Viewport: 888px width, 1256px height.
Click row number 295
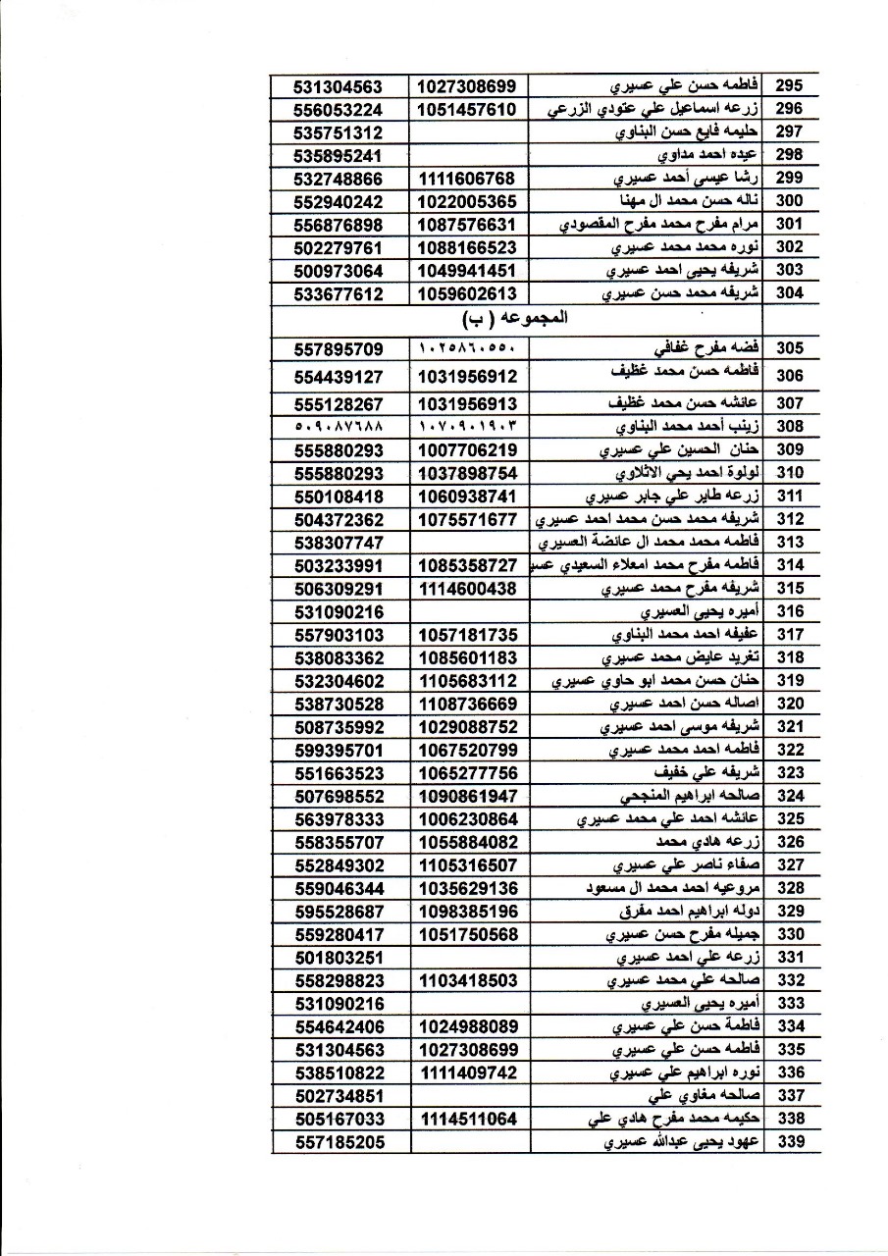[789, 86]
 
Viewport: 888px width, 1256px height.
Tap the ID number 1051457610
[466, 109]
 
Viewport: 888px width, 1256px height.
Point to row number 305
[789, 349]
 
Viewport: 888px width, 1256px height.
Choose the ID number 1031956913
[466, 402]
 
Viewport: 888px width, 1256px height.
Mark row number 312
[789, 519]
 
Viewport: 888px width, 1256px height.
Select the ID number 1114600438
[466, 588]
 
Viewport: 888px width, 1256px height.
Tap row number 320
[789, 704]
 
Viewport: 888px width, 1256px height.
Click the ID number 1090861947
[466, 796]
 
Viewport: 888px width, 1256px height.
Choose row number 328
[789, 888]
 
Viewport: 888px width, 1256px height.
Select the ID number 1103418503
[466, 980]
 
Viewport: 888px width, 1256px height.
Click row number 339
[789, 1142]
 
